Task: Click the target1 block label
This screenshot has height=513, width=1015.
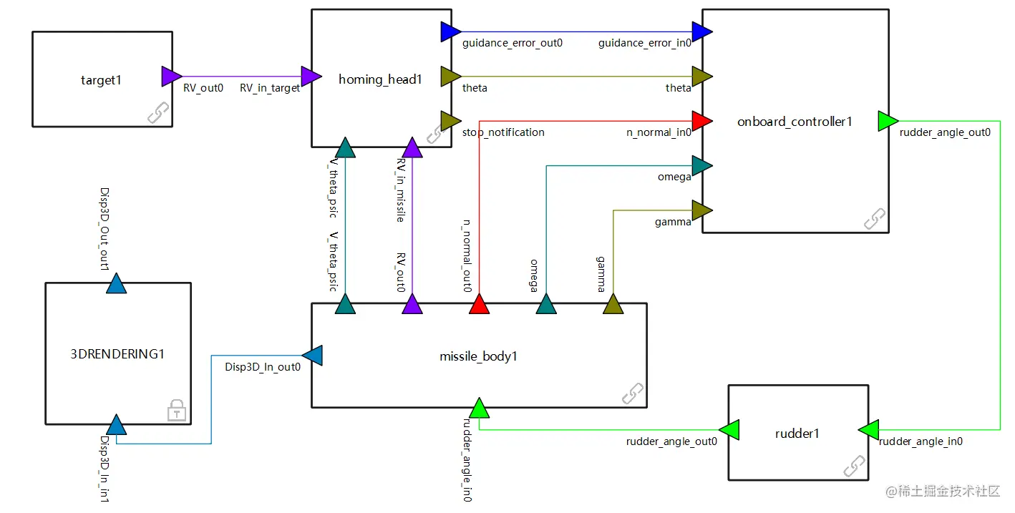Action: [x=101, y=80]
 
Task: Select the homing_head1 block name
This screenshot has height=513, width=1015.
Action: [x=380, y=79]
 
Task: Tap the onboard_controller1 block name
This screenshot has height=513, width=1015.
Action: [x=795, y=122]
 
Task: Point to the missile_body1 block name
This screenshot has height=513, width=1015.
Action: [x=478, y=356]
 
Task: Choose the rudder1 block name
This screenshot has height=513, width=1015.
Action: [x=797, y=434]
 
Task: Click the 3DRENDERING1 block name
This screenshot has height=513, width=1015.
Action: [x=117, y=353]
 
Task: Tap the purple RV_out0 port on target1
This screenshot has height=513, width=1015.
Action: [x=171, y=77]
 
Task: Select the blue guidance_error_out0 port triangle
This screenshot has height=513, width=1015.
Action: [x=451, y=31]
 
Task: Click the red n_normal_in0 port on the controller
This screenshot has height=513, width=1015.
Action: [x=701, y=120]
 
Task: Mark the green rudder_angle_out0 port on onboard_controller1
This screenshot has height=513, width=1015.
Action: [x=888, y=122]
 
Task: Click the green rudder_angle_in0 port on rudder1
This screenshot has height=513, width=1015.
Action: [x=868, y=430]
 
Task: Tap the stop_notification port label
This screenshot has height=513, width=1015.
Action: [x=503, y=132]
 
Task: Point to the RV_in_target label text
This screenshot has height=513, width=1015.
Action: [x=270, y=89]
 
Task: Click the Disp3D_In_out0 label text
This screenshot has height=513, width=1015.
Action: [x=263, y=368]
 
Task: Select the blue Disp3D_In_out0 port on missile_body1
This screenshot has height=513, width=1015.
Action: [x=313, y=355]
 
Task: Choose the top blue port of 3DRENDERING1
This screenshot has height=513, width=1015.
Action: [x=116, y=284]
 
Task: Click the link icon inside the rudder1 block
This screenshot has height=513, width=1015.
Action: [x=854, y=466]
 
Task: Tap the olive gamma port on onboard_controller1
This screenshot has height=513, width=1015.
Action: [x=701, y=210]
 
